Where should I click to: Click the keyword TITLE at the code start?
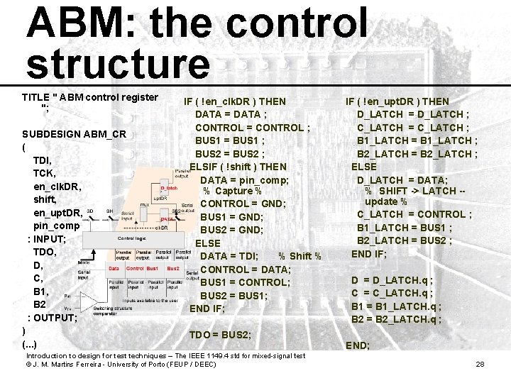click(35, 96)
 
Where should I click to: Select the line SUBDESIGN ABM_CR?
click(74, 134)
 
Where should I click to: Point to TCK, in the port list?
click(45, 173)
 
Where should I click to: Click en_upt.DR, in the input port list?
click(57, 213)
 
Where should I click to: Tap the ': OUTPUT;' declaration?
click(53, 318)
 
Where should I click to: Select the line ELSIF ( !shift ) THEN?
click(238, 167)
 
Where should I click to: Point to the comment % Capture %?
click(232, 191)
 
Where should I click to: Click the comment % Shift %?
click(300, 256)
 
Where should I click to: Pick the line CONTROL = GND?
click(243, 204)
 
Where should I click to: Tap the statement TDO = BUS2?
click(220, 334)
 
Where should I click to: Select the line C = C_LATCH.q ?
click(392, 293)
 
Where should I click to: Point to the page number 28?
click(479, 364)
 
